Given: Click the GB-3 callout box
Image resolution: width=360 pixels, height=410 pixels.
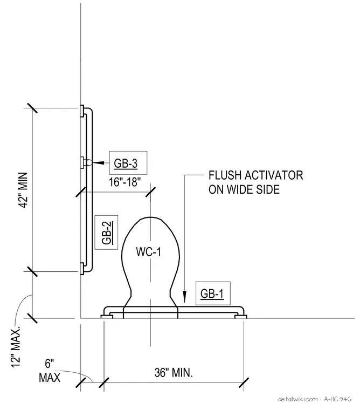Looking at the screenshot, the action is pyautogui.click(x=128, y=162).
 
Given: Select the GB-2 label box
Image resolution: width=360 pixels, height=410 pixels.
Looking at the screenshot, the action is pyautogui.click(x=106, y=233).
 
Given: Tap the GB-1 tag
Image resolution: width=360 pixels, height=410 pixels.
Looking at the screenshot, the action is pyautogui.click(x=213, y=293).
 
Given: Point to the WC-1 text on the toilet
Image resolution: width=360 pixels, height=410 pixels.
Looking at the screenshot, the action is pyautogui.click(x=148, y=252).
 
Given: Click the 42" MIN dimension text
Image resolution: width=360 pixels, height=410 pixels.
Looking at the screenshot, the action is pyautogui.click(x=24, y=190).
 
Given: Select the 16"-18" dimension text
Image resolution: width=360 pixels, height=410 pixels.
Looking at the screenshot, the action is pyautogui.click(x=125, y=182).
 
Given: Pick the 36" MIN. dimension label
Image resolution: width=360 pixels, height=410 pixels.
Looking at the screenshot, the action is pyautogui.click(x=174, y=372).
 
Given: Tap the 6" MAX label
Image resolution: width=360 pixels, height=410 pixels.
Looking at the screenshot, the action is pyautogui.click(x=50, y=371).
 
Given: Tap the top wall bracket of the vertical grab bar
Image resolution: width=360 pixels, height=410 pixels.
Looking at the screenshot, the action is pyautogui.click(x=82, y=111).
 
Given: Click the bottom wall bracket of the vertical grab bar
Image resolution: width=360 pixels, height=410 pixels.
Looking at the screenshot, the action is pyautogui.click(x=82, y=269).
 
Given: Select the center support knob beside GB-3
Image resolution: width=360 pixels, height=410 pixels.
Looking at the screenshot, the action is pyautogui.click(x=88, y=162).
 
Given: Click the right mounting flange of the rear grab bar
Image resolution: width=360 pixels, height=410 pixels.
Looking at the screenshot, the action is pyautogui.click(x=240, y=317).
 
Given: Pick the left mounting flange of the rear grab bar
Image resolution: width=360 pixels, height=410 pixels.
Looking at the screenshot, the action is pyautogui.click(x=107, y=317).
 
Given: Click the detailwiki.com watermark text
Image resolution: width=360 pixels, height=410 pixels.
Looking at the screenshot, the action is pyautogui.click(x=298, y=399).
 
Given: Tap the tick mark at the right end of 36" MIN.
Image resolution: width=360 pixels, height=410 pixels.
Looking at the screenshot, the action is pyautogui.click(x=244, y=382).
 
